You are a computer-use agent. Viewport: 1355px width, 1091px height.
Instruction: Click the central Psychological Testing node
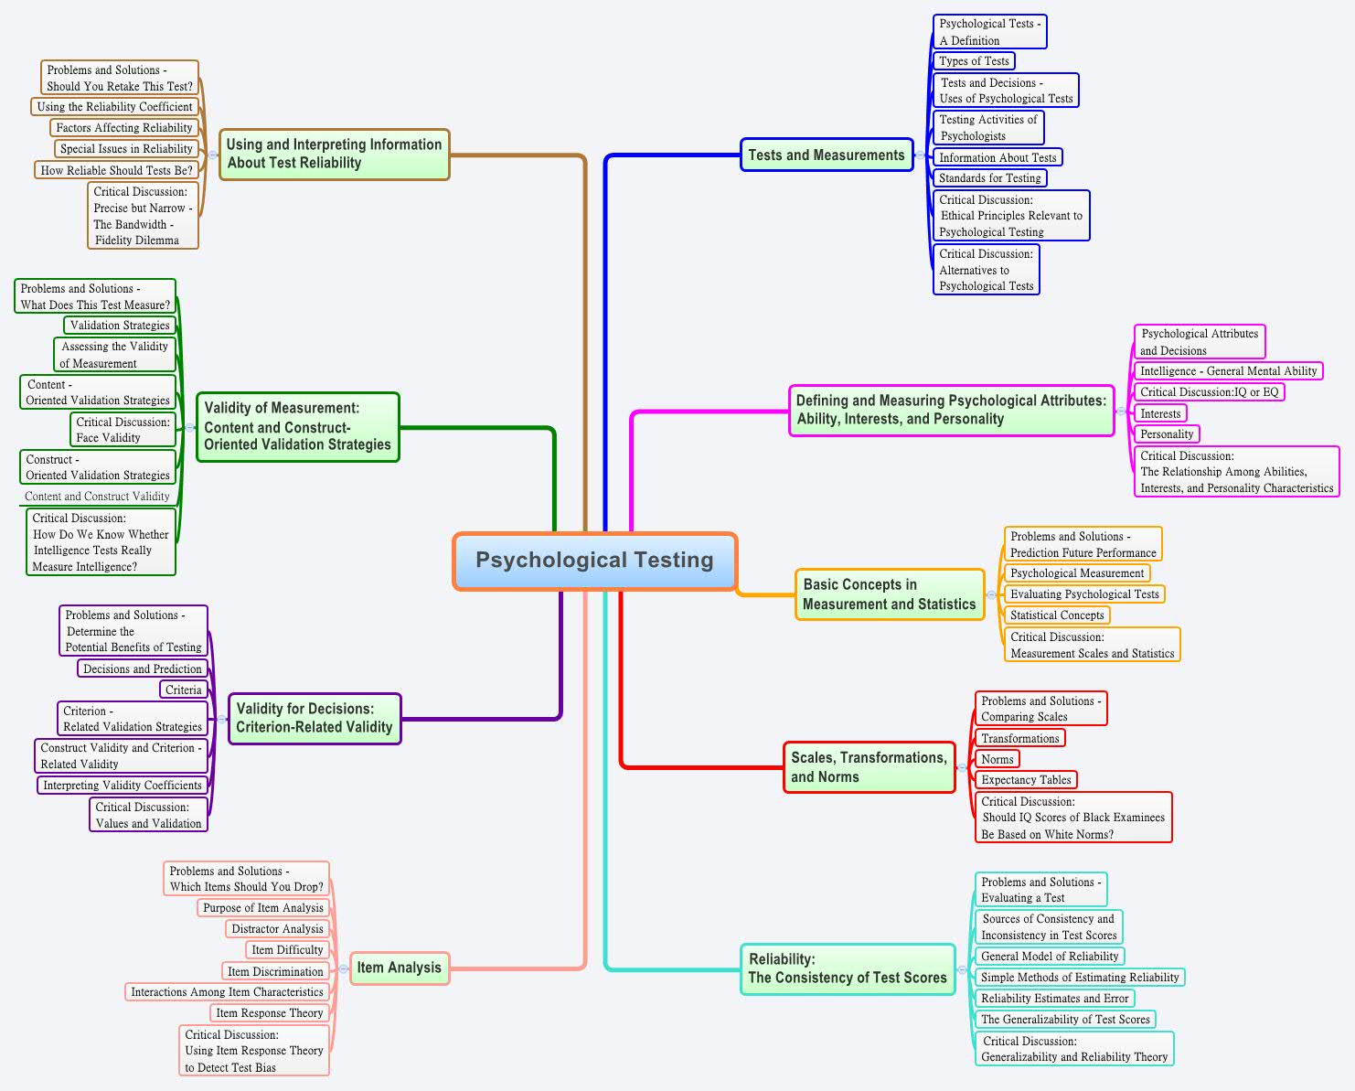point(594,561)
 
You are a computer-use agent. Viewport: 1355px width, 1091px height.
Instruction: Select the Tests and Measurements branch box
point(827,155)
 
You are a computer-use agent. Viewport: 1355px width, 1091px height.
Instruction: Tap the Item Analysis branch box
point(400,968)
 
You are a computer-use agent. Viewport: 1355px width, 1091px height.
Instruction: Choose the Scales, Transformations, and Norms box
point(869,766)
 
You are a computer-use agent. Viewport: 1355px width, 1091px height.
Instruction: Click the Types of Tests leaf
point(974,61)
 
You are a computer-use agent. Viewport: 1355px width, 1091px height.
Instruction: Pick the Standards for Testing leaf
point(989,178)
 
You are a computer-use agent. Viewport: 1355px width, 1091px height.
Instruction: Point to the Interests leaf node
point(1160,413)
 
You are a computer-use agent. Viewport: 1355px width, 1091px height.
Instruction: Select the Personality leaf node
point(1167,434)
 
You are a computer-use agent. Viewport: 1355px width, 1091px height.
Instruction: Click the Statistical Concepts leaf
point(1057,615)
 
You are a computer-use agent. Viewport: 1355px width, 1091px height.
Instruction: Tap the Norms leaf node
point(997,759)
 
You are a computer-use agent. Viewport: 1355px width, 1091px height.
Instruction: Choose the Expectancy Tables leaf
point(1026,780)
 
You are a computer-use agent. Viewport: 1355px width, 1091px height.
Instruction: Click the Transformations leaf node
point(1019,738)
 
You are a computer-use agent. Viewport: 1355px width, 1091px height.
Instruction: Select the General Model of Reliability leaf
point(1050,957)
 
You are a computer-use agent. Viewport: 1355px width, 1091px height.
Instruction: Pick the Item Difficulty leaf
point(287,950)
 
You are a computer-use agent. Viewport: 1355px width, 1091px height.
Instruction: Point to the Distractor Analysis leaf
point(277,929)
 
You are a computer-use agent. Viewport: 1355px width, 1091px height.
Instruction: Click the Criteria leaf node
point(184,690)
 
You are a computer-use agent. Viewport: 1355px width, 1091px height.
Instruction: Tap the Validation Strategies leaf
point(120,326)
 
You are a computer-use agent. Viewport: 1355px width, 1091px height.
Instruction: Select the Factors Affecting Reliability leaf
point(124,128)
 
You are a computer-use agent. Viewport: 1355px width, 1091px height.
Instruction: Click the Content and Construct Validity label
point(97,497)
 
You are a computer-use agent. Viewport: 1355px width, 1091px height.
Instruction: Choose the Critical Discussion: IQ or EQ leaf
point(1209,392)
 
